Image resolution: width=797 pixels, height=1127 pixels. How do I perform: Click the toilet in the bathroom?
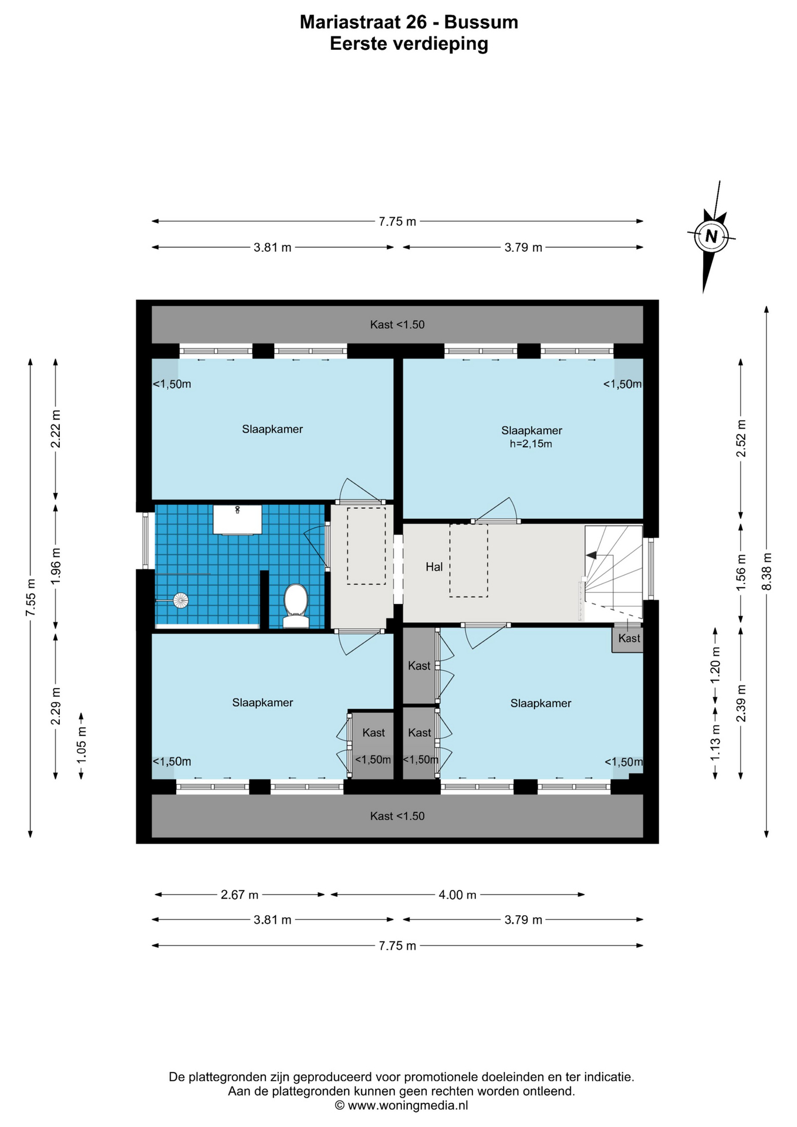click(296, 605)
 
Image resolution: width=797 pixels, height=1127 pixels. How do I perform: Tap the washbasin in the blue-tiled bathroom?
click(237, 519)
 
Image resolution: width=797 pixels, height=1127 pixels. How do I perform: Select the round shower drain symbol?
click(181, 600)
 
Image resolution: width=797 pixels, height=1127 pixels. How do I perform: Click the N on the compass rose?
click(711, 237)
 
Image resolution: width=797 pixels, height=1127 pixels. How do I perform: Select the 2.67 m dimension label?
click(239, 895)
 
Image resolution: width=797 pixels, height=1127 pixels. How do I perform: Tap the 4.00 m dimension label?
click(458, 895)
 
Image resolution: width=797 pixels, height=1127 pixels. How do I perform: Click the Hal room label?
click(434, 567)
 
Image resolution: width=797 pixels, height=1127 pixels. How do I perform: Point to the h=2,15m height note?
click(531, 444)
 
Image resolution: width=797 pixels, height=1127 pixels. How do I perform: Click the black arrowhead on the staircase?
click(592, 555)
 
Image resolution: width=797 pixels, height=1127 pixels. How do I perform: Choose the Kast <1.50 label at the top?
click(397, 325)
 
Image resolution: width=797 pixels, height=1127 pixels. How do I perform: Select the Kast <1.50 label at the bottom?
click(397, 816)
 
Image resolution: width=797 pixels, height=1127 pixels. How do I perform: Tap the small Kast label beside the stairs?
click(629, 639)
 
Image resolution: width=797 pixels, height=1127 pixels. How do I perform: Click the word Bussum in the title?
click(481, 22)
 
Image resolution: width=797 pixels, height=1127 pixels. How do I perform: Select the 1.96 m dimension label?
click(56, 566)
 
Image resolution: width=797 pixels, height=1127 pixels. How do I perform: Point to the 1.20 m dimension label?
click(715, 664)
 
